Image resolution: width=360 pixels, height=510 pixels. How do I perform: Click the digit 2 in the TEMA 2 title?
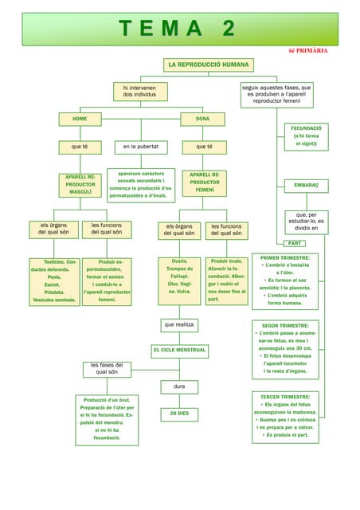click(x=229, y=29)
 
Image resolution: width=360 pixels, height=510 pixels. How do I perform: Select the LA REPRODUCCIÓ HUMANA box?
click(x=209, y=64)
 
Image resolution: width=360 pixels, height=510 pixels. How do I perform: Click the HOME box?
click(x=80, y=119)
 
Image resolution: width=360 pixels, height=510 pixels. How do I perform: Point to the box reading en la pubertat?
click(x=141, y=147)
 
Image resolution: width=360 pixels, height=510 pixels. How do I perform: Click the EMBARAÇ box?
click(x=306, y=185)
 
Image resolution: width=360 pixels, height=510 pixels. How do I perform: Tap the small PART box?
click(x=294, y=242)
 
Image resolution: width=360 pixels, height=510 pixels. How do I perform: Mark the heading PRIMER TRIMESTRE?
click(x=285, y=258)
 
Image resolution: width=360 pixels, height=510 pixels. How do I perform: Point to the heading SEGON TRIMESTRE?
click(x=285, y=326)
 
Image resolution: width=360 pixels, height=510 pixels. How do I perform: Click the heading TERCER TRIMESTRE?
click(x=285, y=396)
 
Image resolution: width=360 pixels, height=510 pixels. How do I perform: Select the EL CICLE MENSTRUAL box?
click(x=179, y=350)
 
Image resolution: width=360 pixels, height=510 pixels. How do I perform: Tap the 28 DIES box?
click(x=179, y=414)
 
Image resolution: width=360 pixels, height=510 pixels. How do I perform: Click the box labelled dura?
click(x=179, y=386)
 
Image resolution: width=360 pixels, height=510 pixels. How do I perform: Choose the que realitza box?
click(x=179, y=325)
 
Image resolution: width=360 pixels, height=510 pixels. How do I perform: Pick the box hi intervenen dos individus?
click(x=140, y=91)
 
